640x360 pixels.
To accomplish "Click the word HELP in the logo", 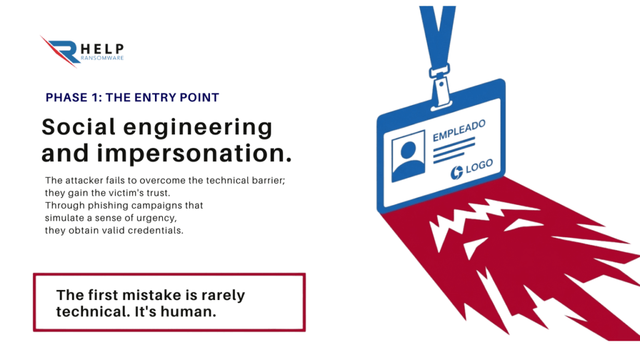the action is click(x=102, y=49).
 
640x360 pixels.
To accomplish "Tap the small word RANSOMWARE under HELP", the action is click(x=102, y=58).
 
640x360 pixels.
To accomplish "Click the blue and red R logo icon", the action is click(x=61, y=51).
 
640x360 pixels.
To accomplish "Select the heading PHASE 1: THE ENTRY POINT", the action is click(x=132, y=97).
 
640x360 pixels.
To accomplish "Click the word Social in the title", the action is click(x=79, y=126).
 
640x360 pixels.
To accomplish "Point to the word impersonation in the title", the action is click(x=194, y=154).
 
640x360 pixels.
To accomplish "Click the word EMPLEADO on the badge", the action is click(x=459, y=131).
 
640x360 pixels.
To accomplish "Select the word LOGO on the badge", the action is click(x=479, y=166).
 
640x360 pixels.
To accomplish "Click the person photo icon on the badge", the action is click(x=408, y=156).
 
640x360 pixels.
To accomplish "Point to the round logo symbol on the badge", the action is click(x=457, y=172).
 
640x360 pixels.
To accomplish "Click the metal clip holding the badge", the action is click(x=440, y=86).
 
